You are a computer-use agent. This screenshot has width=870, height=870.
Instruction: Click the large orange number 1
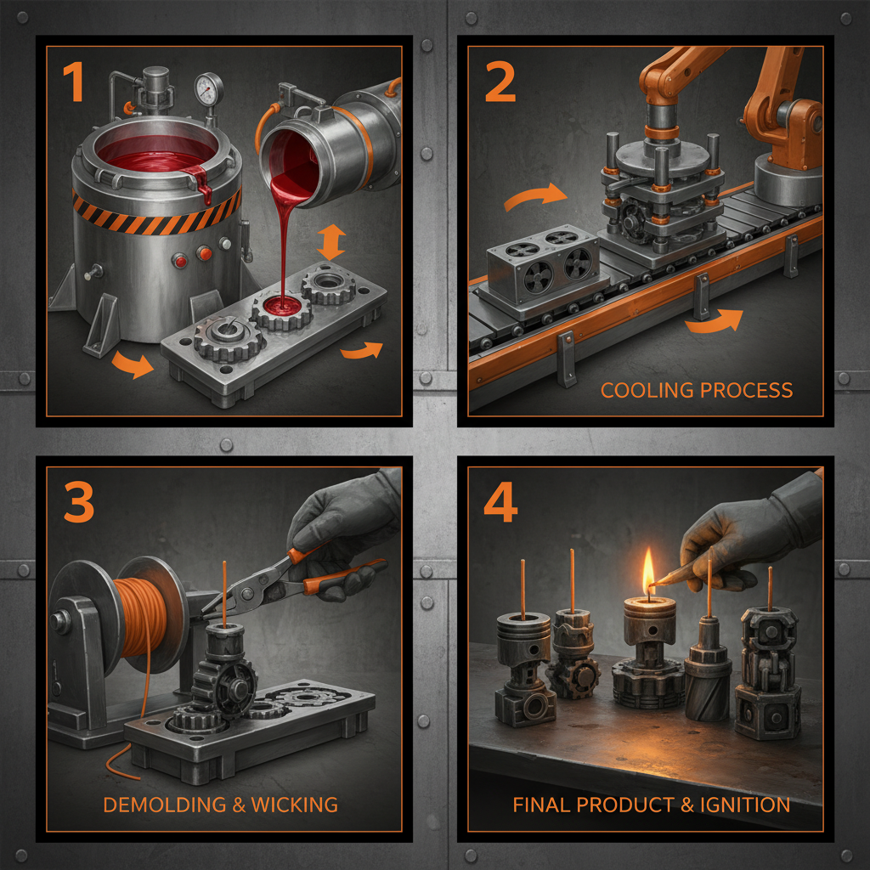(x=73, y=82)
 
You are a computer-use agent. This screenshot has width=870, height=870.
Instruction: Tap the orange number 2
(x=500, y=82)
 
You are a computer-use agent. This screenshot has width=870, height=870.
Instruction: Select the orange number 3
(x=79, y=502)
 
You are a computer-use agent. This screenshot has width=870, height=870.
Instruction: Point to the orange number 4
(x=500, y=502)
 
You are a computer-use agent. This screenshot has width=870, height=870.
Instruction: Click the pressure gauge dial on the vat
(x=209, y=88)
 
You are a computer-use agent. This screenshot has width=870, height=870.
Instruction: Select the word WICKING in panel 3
(x=295, y=805)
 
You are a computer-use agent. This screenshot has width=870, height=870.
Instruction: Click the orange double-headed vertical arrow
(x=331, y=242)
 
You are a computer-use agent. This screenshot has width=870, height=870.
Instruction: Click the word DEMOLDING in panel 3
(x=165, y=805)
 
